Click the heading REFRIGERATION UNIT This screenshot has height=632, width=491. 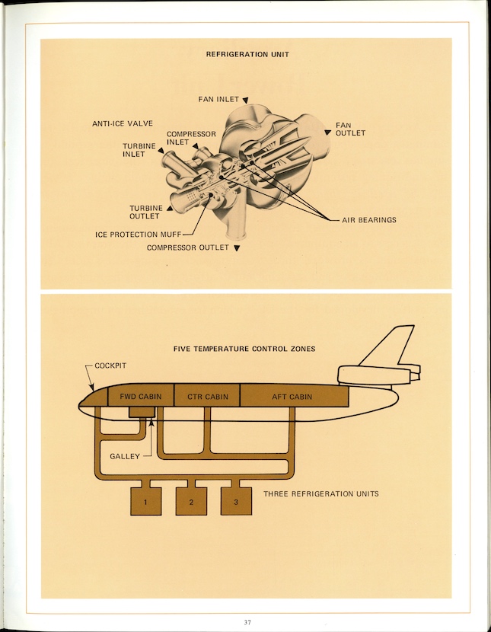[x=247, y=54]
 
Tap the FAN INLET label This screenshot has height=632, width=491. [x=218, y=99]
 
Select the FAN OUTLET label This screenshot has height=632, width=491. [x=350, y=129]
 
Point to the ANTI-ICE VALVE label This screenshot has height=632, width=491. [x=123, y=123]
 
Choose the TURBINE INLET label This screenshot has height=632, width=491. [x=139, y=150]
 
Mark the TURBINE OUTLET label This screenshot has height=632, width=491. [x=145, y=212]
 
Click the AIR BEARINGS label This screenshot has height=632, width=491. [x=368, y=220]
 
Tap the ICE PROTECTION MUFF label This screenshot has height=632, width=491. [x=137, y=235]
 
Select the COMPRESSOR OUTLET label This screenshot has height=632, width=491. [x=188, y=247]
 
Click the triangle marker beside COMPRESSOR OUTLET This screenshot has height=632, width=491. [x=237, y=248]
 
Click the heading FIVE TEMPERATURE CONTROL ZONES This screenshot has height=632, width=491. [x=245, y=349]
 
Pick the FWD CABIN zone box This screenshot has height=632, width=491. [x=141, y=396]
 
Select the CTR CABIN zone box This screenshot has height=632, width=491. [x=207, y=396]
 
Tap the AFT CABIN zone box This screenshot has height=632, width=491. [x=292, y=396]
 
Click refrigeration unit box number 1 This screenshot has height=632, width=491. [x=145, y=502]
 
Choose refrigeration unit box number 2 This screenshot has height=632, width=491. [x=191, y=502]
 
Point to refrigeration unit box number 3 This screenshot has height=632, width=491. [x=236, y=502]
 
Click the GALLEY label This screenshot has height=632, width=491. [x=124, y=456]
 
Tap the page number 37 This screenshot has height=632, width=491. [x=247, y=622]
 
